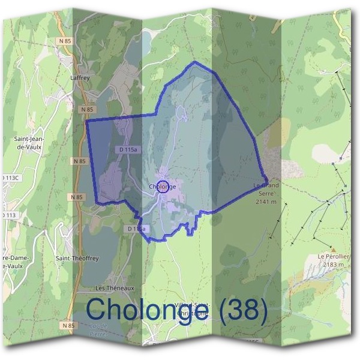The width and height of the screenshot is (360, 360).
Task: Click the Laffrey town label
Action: point(80,78)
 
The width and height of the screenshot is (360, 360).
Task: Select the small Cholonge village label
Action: point(163,187)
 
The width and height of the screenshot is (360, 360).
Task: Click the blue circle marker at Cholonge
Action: point(163,186)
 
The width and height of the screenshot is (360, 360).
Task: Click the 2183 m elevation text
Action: point(334,264)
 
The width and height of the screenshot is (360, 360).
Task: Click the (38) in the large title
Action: point(243,310)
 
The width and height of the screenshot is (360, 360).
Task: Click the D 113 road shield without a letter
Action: point(8,215)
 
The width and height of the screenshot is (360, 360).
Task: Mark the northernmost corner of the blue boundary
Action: point(194,62)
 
